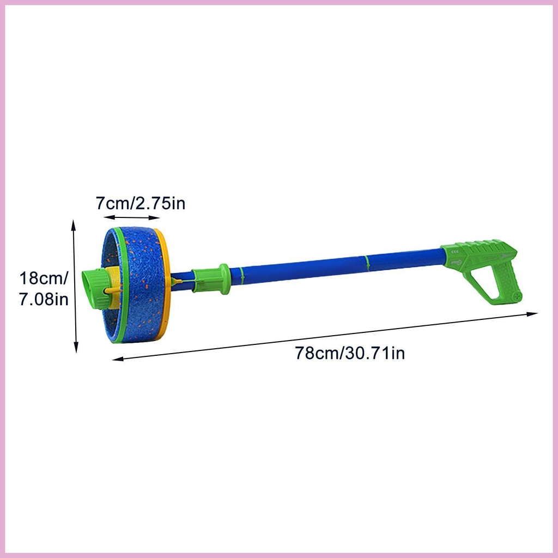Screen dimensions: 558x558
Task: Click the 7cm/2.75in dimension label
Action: (141, 204)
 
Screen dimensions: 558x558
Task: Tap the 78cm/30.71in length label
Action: (350, 353)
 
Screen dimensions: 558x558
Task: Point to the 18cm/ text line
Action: (44, 278)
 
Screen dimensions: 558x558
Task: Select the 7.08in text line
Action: (44, 299)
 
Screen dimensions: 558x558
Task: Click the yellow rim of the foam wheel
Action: (163, 284)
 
